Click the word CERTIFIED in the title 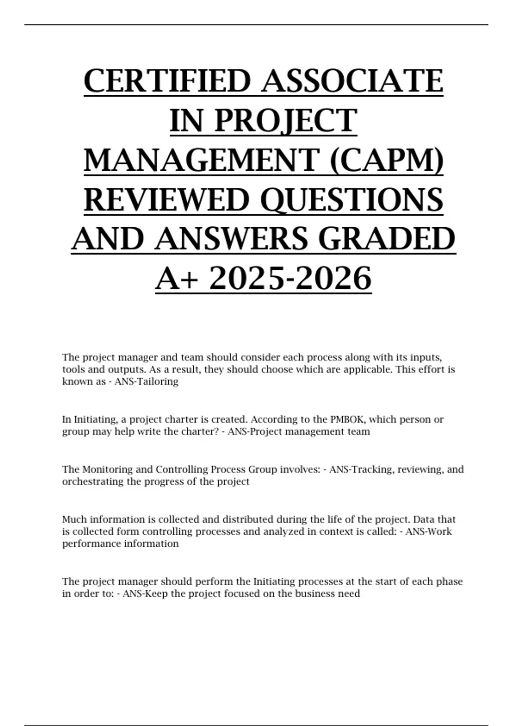(x=167, y=81)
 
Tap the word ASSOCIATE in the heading (x=353, y=81)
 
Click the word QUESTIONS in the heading (x=351, y=199)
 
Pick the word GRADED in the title (x=387, y=239)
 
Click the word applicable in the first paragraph (x=364, y=369)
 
